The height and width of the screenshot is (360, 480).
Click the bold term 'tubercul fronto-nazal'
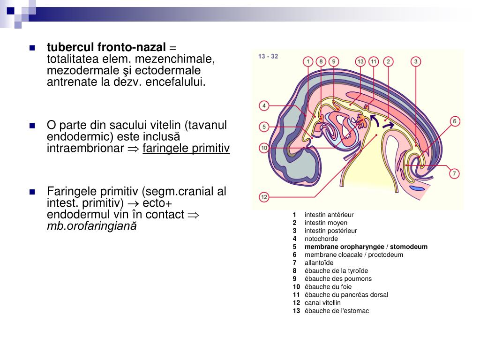[106, 47]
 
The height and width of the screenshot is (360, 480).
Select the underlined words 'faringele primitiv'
[186, 149]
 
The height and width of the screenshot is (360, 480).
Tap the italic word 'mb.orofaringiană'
[92, 226]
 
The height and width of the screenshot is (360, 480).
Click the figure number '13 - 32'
[268, 56]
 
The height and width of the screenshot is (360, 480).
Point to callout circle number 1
[307, 61]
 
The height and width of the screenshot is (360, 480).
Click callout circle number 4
[264, 106]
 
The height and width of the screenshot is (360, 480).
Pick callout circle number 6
[454, 121]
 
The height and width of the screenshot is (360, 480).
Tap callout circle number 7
[454, 173]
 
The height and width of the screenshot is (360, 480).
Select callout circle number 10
[264, 148]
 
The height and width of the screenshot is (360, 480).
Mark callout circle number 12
[264, 197]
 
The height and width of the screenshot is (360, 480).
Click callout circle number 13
[360, 61]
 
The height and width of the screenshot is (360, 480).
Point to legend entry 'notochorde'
[321, 239]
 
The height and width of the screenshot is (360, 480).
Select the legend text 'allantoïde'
[319, 262]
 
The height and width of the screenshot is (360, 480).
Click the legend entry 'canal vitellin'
[322, 303]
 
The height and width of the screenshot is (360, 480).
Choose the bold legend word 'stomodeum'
[409, 247]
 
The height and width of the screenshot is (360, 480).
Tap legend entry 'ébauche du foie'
[328, 287]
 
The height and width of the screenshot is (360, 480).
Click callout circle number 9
[333, 61]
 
